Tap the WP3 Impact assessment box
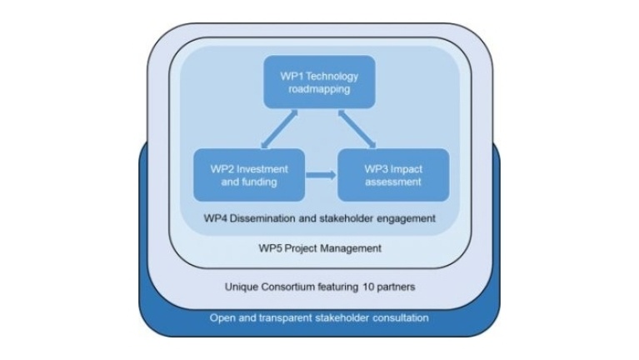(x=392, y=175)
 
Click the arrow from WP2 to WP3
(x=319, y=175)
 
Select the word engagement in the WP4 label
(x=407, y=218)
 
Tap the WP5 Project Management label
(x=319, y=247)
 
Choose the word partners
(x=397, y=287)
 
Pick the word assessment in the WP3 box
(x=392, y=182)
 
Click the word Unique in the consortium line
(x=242, y=287)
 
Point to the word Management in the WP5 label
(x=350, y=247)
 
